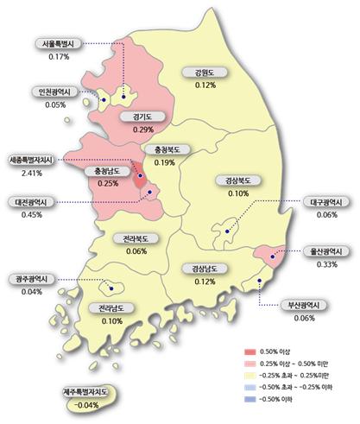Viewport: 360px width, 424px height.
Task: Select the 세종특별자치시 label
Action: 31,160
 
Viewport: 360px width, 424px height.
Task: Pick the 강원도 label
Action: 205,73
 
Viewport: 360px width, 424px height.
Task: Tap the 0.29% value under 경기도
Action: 131,130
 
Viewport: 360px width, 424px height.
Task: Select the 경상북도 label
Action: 231,181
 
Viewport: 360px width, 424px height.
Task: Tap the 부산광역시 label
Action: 304,305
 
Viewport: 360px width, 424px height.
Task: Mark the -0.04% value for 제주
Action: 86,405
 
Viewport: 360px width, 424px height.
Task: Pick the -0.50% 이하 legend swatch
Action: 251,400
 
